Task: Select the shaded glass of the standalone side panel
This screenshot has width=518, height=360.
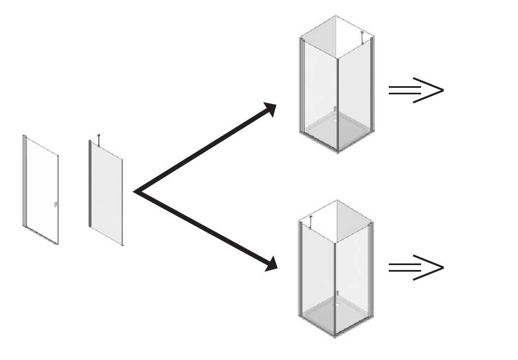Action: coord(106,196)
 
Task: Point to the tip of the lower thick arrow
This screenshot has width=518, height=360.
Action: coord(275,268)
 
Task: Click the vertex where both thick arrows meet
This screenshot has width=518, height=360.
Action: coord(136,191)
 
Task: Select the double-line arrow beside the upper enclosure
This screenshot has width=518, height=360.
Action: coord(415,91)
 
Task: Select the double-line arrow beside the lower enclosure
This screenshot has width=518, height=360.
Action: coord(415,267)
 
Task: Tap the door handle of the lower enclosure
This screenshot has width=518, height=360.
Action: coord(337,293)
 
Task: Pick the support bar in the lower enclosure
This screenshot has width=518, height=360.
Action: coord(310,221)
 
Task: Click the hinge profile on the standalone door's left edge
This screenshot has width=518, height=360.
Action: coord(24,180)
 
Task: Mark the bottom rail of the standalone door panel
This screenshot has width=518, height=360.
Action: coord(41,235)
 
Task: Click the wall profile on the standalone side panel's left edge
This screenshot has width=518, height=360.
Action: coord(89,183)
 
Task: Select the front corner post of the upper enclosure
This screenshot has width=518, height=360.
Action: coord(338,104)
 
